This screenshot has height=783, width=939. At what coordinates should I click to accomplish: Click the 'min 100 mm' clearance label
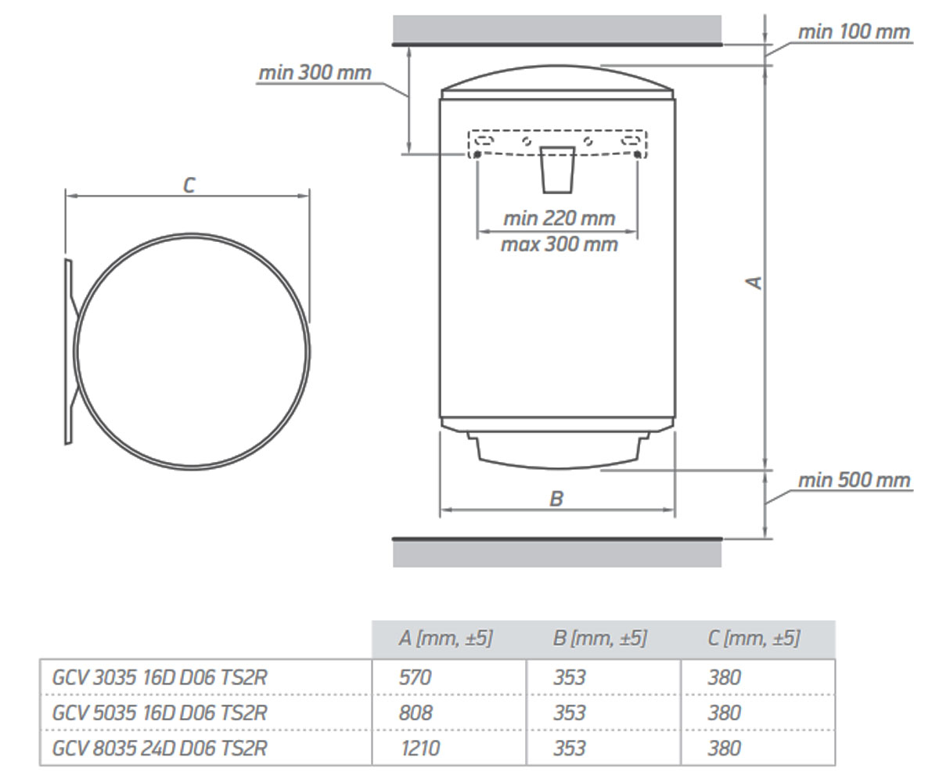(854, 32)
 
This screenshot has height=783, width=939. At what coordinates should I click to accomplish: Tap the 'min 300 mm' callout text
(315, 73)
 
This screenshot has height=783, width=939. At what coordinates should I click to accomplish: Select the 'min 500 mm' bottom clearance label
(854, 481)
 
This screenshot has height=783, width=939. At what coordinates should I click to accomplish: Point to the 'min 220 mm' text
(559, 218)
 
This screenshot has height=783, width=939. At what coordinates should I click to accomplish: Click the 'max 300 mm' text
(559, 244)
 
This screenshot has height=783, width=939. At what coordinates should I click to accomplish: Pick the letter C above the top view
(189, 186)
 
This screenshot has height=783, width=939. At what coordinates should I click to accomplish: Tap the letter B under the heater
(556, 499)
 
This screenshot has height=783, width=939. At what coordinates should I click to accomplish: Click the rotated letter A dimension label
(754, 282)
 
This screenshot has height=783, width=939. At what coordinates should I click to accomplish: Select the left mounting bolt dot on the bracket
(477, 155)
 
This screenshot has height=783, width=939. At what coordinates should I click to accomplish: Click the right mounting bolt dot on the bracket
(637, 155)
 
